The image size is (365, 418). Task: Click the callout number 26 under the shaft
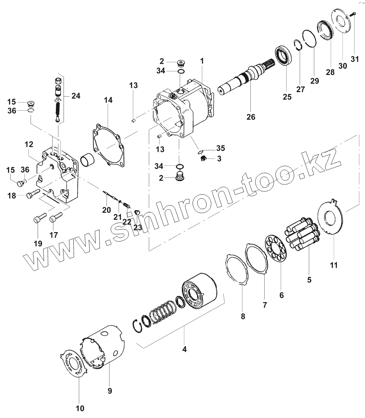pos(251,117)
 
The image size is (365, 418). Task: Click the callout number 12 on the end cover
pos(29,145)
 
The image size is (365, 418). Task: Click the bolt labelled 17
pos(55,218)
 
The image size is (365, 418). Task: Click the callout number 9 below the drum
pos(109,391)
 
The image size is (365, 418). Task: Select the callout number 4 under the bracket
pos(184,349)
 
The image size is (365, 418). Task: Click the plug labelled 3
pos(204,159)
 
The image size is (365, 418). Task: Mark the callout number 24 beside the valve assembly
pos(76,96)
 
